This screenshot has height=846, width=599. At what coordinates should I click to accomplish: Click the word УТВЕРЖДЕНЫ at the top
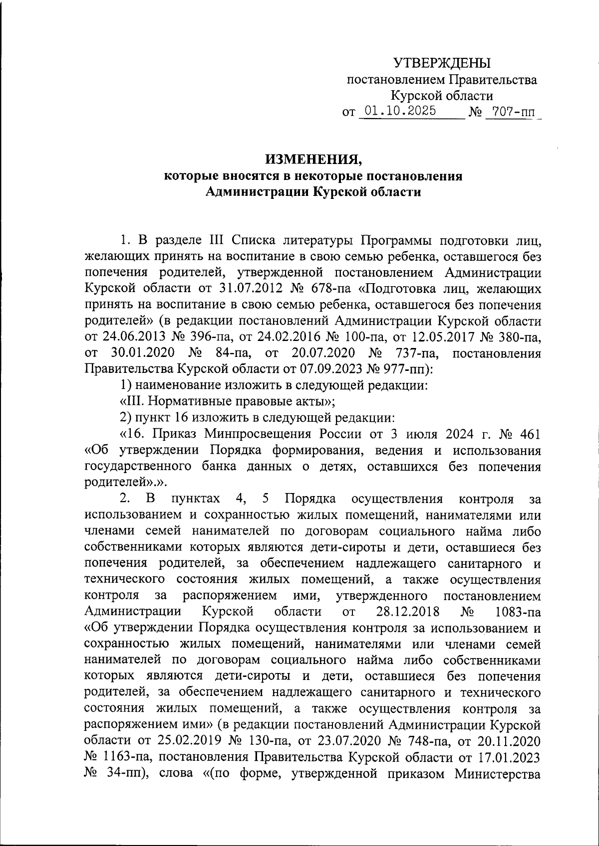click(442, 63)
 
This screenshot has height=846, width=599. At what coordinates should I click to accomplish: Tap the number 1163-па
click(123, 757)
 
